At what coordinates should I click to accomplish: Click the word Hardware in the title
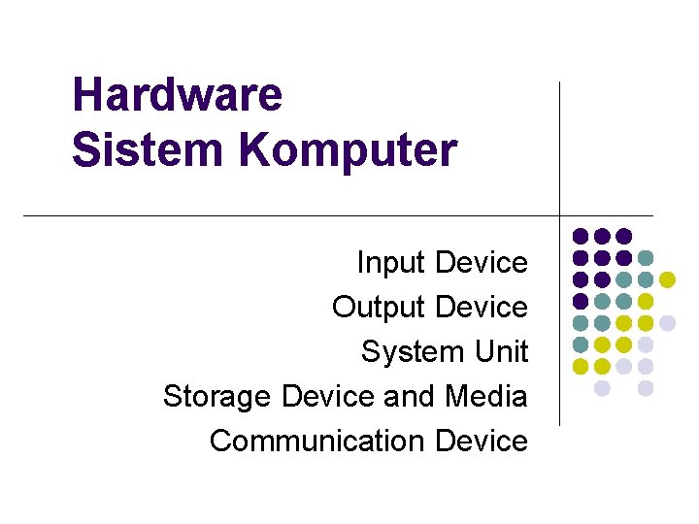pos(177,95)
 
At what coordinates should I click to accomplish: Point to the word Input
pos(392,263)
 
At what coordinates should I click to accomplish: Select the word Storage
pos(218,397)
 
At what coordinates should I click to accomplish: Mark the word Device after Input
pos(482,263)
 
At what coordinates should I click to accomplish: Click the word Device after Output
pos(482,308)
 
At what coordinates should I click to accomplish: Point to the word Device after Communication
pos(482,441)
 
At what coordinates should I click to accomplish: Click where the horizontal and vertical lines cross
pos(560,214)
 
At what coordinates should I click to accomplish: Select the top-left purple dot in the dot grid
pos(581,236)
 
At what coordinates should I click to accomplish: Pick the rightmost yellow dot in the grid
pos(667,279)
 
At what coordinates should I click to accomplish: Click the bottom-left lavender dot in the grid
pos(602,388)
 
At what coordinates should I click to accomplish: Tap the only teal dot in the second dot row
pos(646,258)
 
